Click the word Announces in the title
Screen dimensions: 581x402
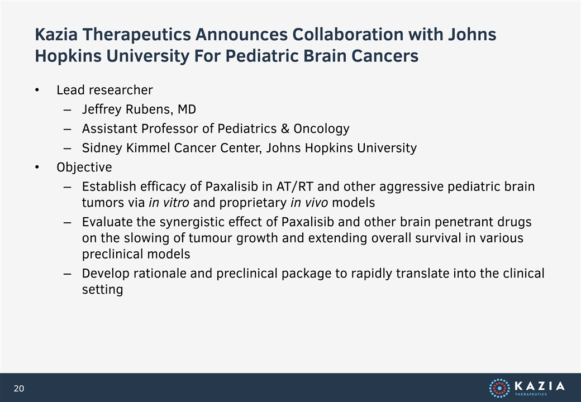pyautogui.click(x=241, y=35)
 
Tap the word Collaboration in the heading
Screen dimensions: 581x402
pyautogui.click(x=348, y=35)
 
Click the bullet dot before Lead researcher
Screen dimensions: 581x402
pyautogui.click(x=37, y=90)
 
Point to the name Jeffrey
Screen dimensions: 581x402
pyautogui.click(x=102, y=109)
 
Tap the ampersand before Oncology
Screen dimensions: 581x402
pyautogui.click(x=285, y=128)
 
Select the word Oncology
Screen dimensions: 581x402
pyautogui.click(x=321, y=129)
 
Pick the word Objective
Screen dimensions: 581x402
pyautogui.click(x=84, y=167)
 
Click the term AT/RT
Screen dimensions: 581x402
pyautogui.click(x=295, y=186)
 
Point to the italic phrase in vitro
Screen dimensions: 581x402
pyautogui.click(x=169, y=203)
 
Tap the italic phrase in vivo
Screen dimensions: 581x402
pyautogui.click(x=309, y=203)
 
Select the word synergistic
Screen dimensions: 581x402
pyautogui.click(x=195, y=222)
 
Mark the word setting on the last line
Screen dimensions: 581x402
pyautogui.click(x=102, y=290)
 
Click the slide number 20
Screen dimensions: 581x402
pyautogui.click(x=19, y=388)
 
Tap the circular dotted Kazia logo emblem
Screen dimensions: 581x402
pyautogui.click(x=499, y=388)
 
